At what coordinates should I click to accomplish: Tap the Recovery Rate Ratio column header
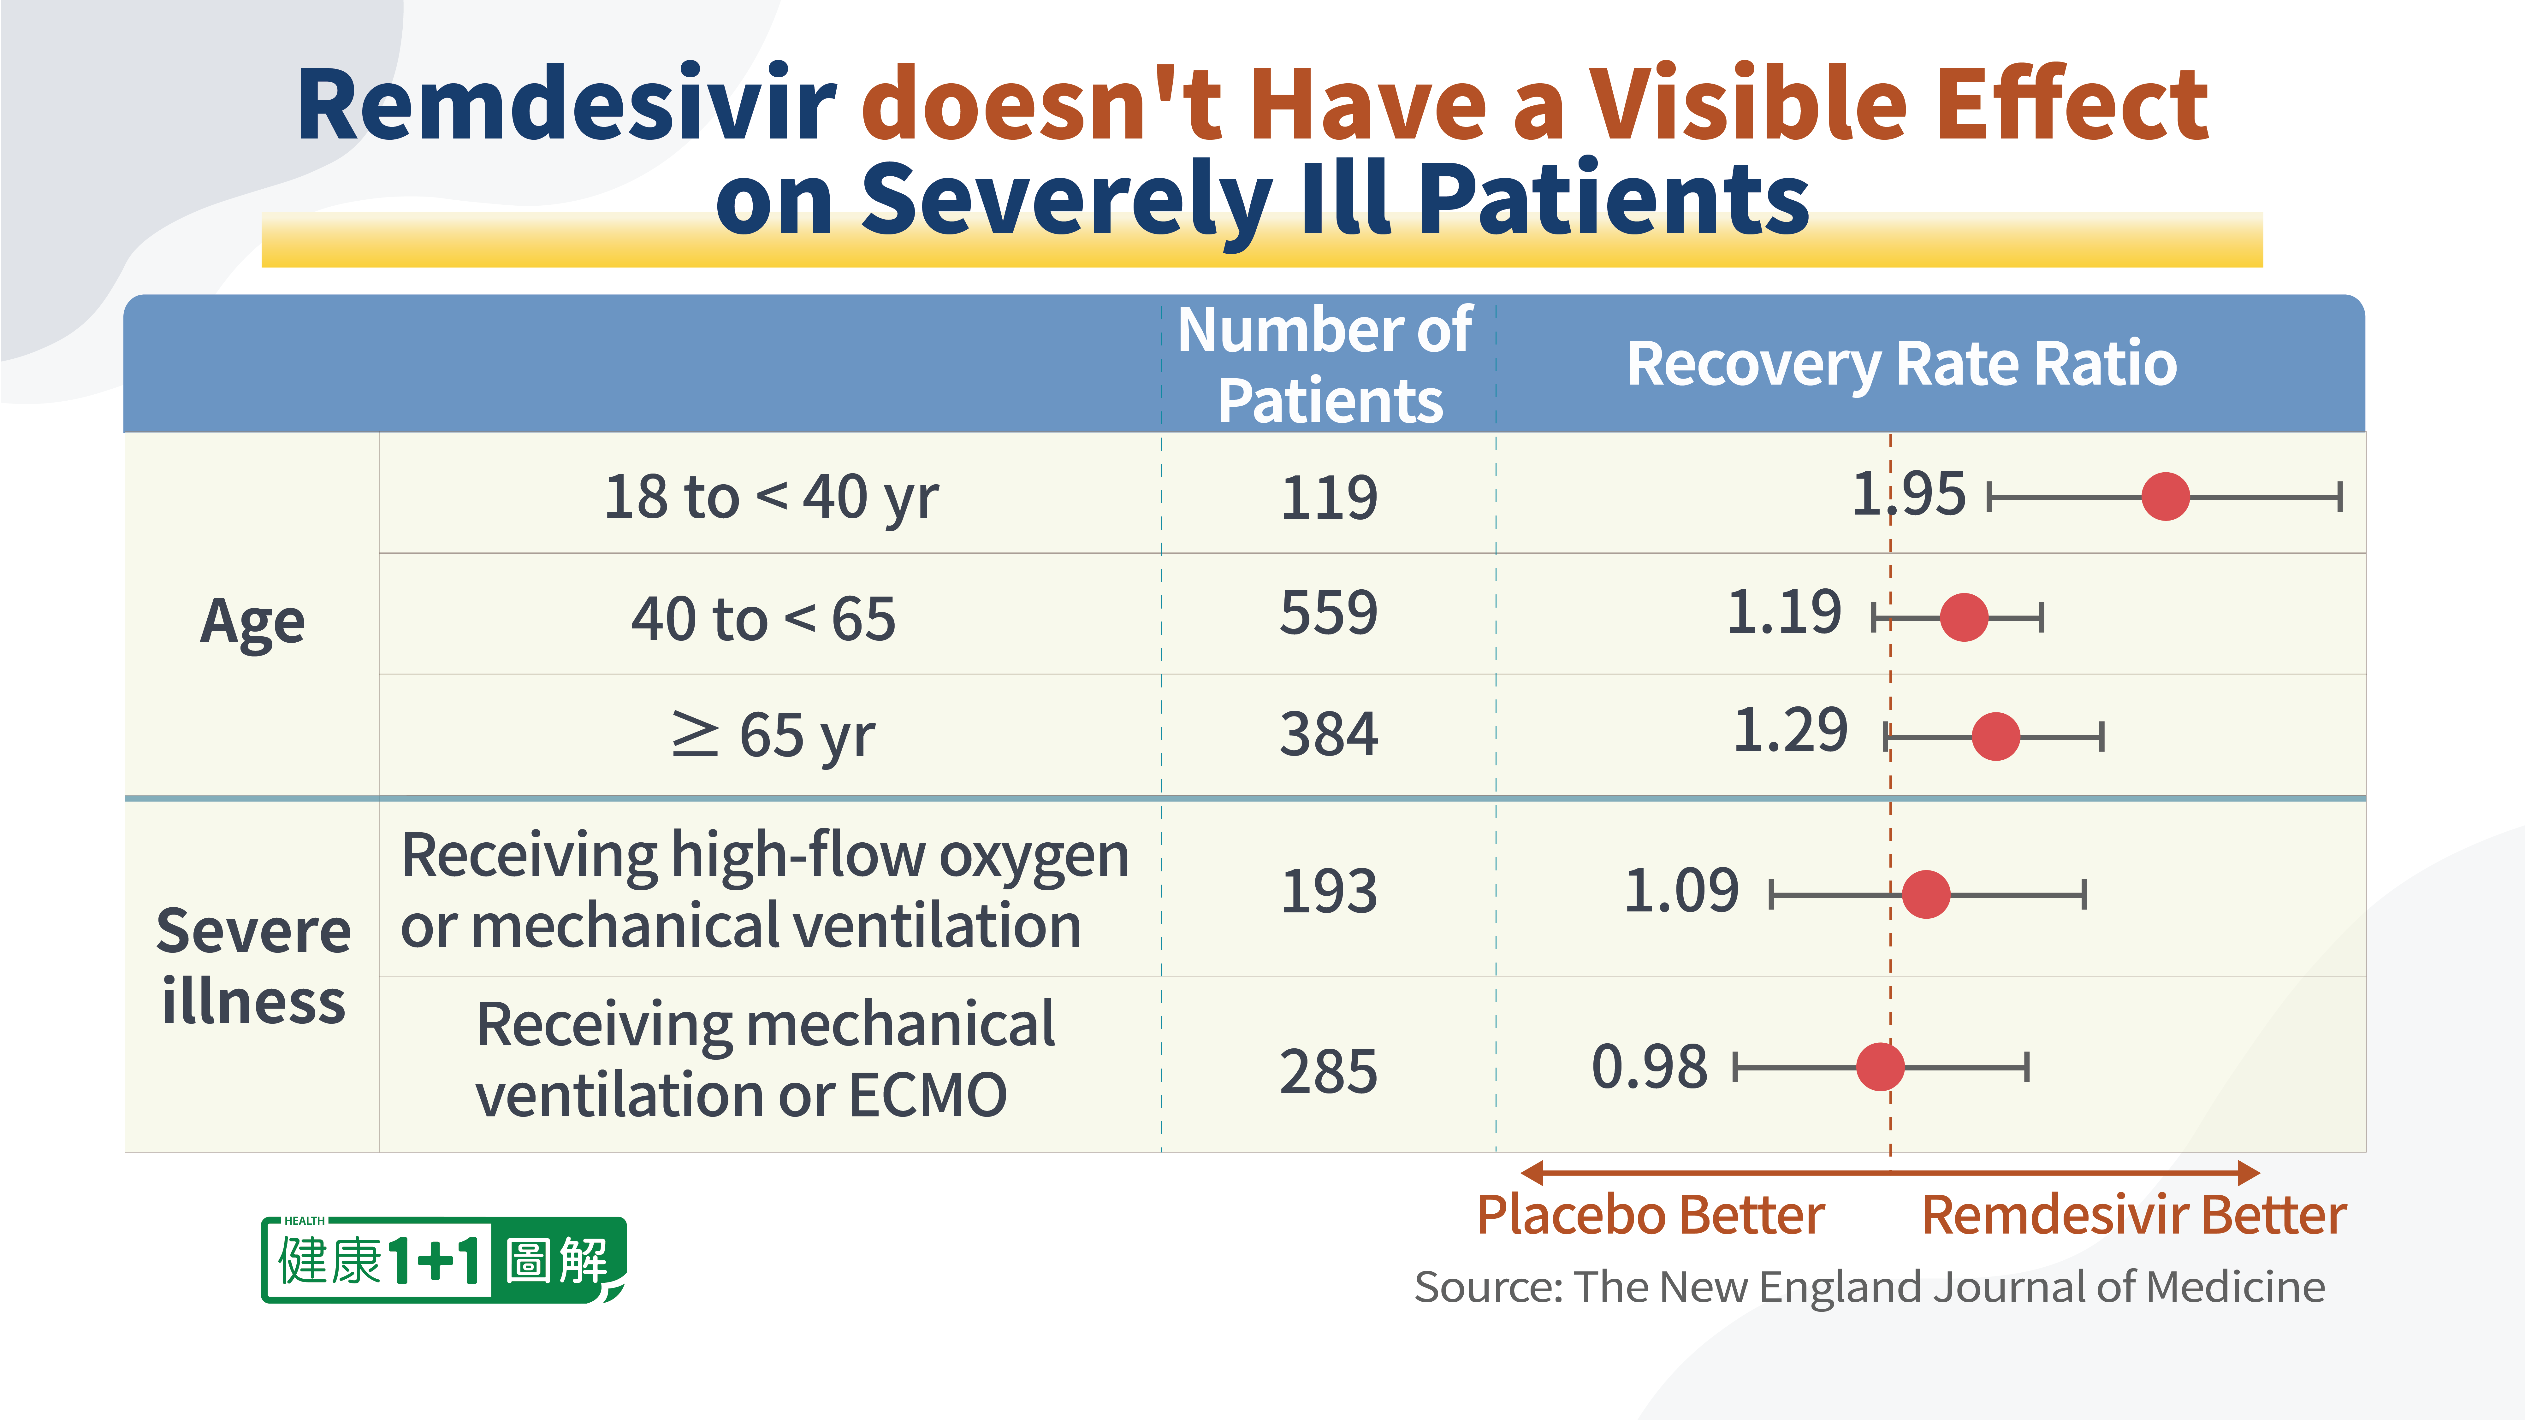pos(1902,365)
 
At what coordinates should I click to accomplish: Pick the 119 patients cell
pos(1329,498)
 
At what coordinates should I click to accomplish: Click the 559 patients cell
pos(1329,614)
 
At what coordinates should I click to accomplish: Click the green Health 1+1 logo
pos(443,1259)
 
